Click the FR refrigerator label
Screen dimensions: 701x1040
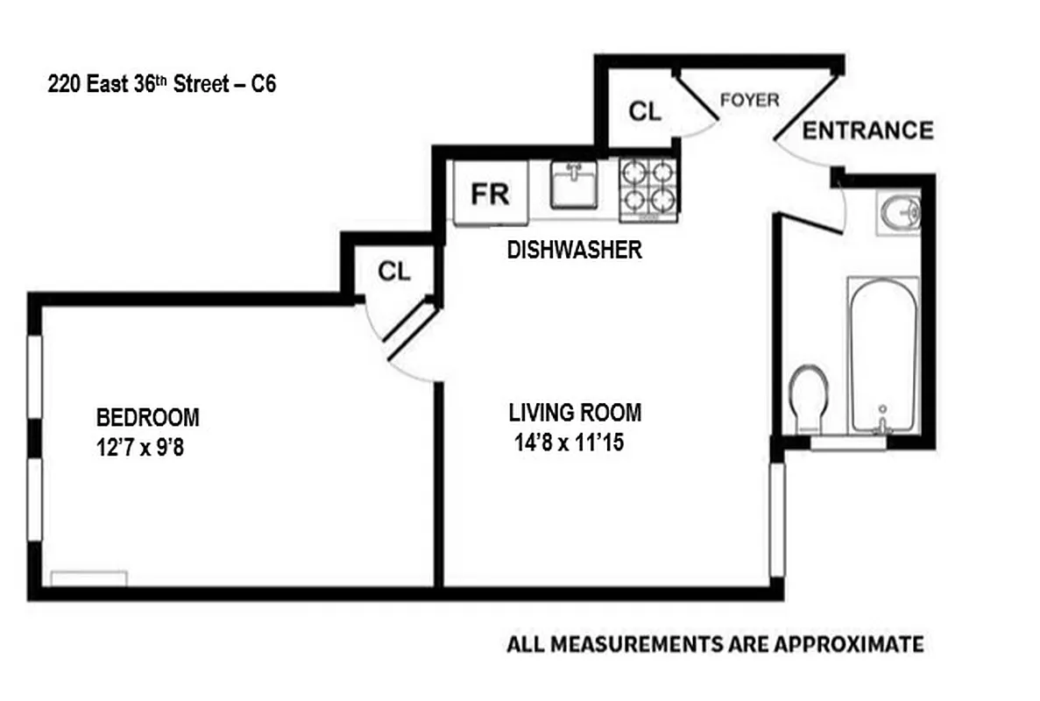[489, 193]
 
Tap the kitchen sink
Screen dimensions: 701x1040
[573, 186]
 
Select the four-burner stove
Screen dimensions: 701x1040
[648, 188]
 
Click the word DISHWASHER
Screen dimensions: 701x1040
[574, 251]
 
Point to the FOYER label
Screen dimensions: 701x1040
[749, 100]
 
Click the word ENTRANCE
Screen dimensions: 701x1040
[867, 131]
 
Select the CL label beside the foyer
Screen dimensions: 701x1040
[646, 111]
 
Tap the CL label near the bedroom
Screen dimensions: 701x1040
[393, 272]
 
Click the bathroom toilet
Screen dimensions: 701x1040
[808, 394]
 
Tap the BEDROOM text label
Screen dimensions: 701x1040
[147, 416]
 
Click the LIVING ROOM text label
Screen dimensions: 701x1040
[575, 412]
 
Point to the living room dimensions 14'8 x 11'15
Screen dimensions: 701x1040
[569, 443]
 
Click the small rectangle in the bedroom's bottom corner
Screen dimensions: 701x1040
[88, 578]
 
